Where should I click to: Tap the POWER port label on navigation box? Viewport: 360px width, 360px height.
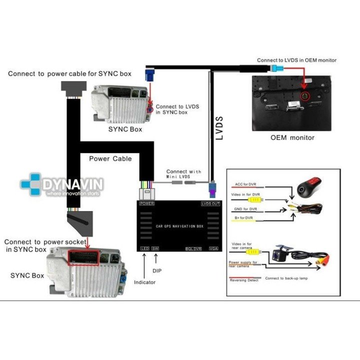click(x=146, y=204)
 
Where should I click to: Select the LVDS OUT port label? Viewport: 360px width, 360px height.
click(x=210, y=204)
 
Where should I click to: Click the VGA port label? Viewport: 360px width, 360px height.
click(x=213, y=248)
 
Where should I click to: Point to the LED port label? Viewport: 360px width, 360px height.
click(x=145, y=248)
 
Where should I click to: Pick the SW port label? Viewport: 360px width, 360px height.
click(x=155, y=248)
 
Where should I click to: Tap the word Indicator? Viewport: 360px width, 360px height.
click(x=144, y=282)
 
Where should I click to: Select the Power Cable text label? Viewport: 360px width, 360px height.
click(x=110, y=158)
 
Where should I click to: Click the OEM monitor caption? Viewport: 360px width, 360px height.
click(x=292, y=137)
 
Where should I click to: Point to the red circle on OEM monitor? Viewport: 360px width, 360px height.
click(x=304, y=95)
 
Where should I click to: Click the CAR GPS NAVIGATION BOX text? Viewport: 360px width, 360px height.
click(x=179, y=226)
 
